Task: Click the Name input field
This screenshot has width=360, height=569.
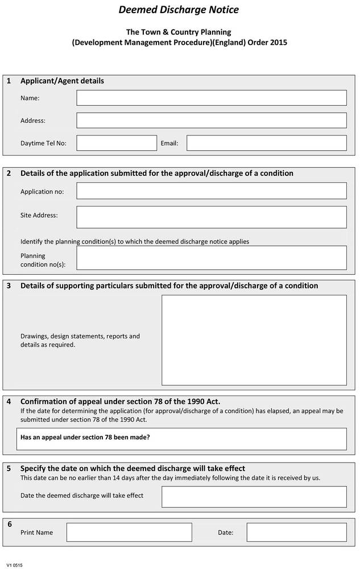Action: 211,98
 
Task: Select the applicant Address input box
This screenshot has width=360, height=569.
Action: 211,120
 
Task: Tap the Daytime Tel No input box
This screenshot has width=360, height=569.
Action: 116,143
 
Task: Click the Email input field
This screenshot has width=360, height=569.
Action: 266,143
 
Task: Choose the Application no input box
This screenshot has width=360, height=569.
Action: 211,191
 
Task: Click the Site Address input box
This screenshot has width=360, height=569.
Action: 211,217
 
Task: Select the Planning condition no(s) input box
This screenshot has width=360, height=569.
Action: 211,257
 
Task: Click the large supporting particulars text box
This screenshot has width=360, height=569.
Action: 254,340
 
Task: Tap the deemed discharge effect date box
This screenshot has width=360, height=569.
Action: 254,497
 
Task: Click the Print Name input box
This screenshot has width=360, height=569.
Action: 129,533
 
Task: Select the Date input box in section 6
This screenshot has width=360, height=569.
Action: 296,533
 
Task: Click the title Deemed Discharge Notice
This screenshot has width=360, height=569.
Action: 179,10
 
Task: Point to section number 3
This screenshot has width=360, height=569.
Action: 9,286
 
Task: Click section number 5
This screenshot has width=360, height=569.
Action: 9,468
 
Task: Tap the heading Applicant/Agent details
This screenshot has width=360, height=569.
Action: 62,81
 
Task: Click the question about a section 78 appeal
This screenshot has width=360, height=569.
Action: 85,438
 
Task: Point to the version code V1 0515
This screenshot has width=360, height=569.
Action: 15,565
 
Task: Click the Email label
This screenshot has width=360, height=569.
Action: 169,143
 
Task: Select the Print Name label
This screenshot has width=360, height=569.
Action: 36,533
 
